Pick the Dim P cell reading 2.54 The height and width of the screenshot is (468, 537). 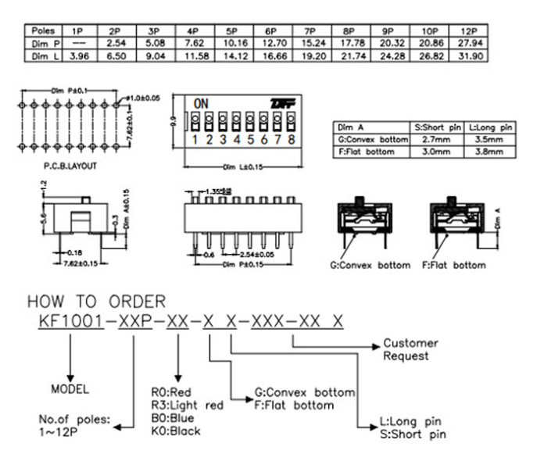[116, 45]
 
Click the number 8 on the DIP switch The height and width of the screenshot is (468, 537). [290, 141]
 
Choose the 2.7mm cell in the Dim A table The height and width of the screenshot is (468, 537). [434, 138]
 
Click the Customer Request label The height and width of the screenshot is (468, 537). [410, 349]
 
